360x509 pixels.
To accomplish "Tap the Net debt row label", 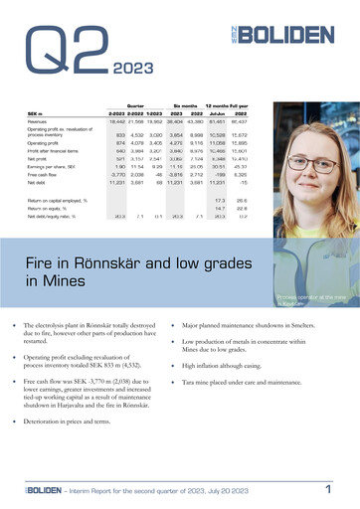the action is [x=40, y=183].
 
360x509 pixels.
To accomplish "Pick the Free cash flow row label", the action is [x=46, y=174].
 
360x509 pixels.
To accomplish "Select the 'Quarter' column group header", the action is [x=136, y=103].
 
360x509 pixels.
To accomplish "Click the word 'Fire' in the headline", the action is [x=44, y=261].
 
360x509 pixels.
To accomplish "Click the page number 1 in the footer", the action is [x=328, y=489].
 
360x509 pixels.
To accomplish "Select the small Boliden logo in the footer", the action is [x=40, y=490].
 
